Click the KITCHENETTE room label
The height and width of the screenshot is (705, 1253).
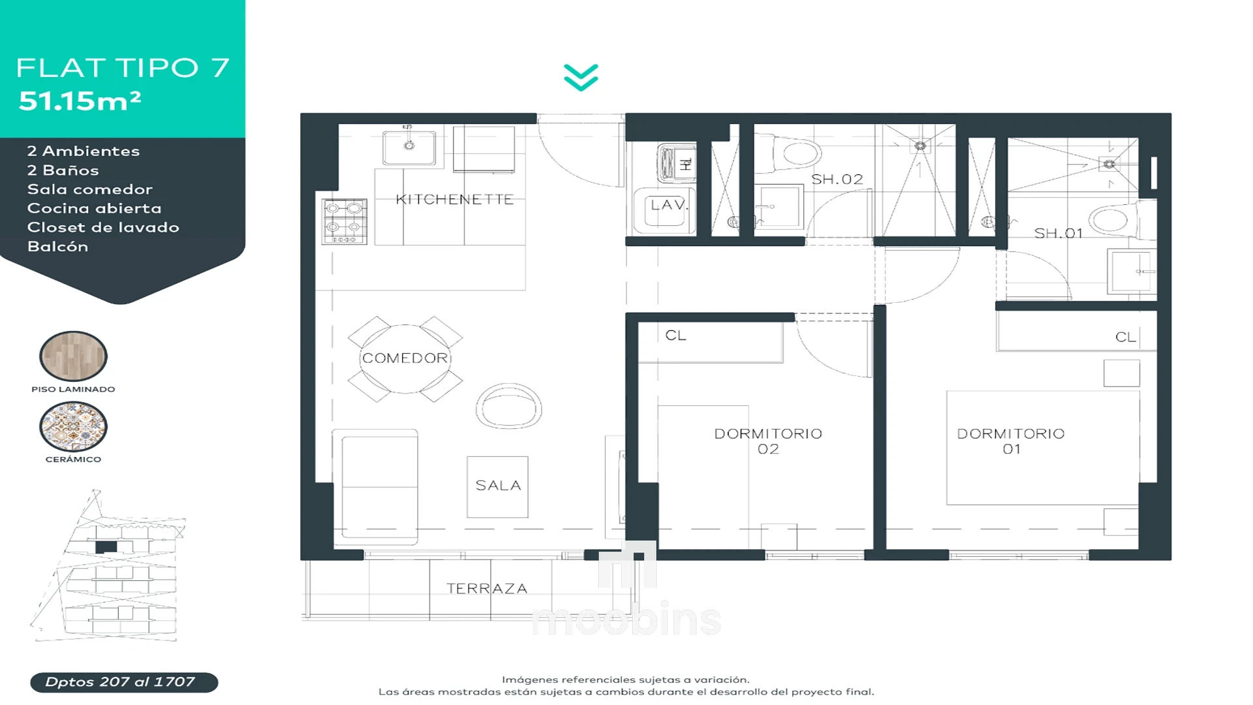[455, 199]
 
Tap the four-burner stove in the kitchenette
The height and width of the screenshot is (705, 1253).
[345, 221]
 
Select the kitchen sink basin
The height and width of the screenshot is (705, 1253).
[409, 148]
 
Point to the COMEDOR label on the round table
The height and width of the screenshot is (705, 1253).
[405, 358]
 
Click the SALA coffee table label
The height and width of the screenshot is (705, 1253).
[499, 486]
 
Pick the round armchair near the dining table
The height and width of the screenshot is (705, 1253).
[509, 406]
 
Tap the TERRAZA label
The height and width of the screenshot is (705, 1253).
[487, 588]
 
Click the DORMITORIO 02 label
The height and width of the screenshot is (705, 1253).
[768, 441]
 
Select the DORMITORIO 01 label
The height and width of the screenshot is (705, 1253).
[1011, 441]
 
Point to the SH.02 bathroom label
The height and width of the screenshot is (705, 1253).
[837, 179]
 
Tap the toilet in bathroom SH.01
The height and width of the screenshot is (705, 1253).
[1115, 219]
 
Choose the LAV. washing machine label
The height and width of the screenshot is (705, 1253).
[670, 204]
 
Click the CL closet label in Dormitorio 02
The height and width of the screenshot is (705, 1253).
[675, 336]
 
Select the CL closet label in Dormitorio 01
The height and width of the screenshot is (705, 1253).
[1126, 337]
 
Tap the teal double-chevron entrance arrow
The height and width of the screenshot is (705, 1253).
[581, 78]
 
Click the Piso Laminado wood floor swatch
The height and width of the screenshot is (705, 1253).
[73, 356]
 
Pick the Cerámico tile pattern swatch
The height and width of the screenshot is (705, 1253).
[73, 426]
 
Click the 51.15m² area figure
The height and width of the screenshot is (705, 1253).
[80, 101]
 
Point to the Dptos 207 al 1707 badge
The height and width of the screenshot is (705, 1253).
[124, 682]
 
